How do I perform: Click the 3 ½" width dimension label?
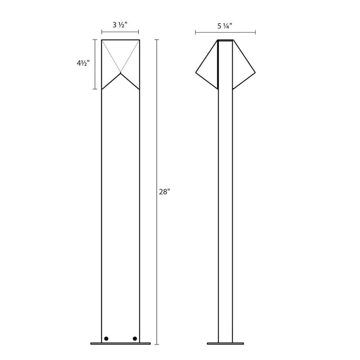coord(120,25)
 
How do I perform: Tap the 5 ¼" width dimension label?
coord(225,26)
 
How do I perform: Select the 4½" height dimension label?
coord(83,63)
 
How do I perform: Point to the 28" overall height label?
coord(164,192)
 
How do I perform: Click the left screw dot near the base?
coord(106,339)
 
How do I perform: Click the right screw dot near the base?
coord(135,339)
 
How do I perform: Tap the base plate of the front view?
coord(121,344)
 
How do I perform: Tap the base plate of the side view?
coord(225,344)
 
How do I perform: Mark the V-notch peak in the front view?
coord(121,73)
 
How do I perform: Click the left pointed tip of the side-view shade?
coord(196,73)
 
